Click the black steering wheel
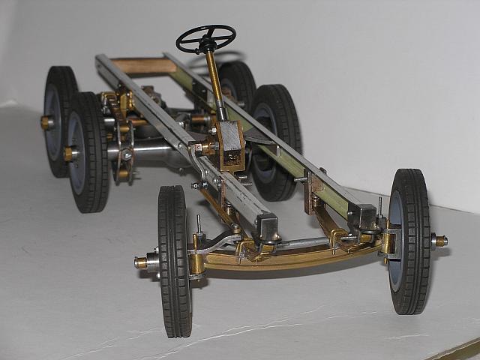point(205,37)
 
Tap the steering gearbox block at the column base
point(229,142)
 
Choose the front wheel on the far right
point(409,240)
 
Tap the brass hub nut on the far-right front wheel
point(439,241)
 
